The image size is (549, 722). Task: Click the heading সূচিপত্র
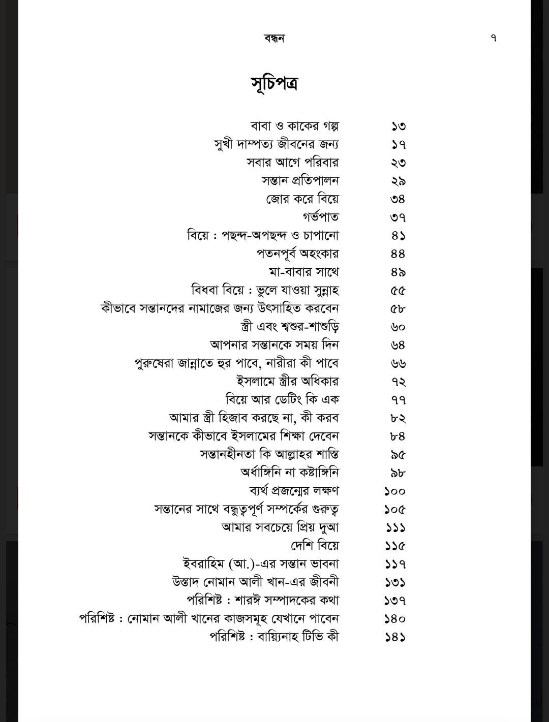click(274, 84)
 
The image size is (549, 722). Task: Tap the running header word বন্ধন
click(274, 38)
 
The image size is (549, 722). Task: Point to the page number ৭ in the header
click(494, 38)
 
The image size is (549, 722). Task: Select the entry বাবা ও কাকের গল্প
click(294, 126)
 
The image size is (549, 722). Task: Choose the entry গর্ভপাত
click(320, 217)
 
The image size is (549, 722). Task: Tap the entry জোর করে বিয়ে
click(302, 199)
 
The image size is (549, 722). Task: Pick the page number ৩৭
click(398, 217)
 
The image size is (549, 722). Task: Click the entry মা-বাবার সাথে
click(304, 272)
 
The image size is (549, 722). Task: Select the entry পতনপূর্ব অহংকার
click(297, 254)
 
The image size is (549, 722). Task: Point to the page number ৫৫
click(398, 291)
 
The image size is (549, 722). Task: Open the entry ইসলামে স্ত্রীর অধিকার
click(288, 381)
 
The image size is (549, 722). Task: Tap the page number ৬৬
click(398, 363)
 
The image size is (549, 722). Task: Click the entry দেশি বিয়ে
click(315, 546)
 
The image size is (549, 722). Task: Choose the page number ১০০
click(395, 491)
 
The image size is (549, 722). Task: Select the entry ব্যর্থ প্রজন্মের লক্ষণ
click(294, 491)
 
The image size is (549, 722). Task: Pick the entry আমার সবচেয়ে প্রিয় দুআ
click(280, 527)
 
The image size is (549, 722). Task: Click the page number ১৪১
click(395, 637)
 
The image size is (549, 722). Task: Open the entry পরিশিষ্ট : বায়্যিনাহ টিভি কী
click(274, 637)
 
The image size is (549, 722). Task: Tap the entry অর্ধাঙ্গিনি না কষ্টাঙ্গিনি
click(289, 473)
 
